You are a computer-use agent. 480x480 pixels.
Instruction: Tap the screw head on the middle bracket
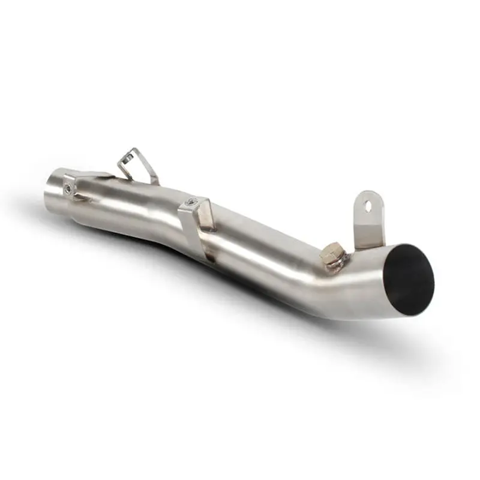coord(191,203)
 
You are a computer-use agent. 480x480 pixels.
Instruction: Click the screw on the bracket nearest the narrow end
coord(69,187)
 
